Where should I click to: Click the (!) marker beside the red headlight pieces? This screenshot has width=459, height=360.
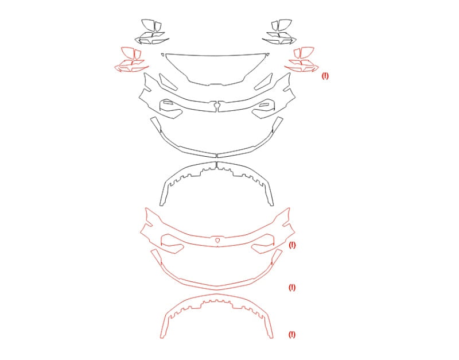325,76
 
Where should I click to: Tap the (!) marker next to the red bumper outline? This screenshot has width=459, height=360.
292,245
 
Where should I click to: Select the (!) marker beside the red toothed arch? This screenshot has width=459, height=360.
292,335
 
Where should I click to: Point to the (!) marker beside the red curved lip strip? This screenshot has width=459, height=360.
292,287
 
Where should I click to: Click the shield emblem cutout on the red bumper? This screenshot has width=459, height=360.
217,240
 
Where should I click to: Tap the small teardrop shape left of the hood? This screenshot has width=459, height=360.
162,55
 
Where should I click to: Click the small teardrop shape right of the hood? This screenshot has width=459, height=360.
267,55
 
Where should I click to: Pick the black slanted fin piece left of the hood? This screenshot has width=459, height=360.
168,81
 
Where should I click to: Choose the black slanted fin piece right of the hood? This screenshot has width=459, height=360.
263,81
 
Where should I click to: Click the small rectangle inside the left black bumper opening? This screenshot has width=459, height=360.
168,103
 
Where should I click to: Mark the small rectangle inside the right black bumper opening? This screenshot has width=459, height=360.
264,104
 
